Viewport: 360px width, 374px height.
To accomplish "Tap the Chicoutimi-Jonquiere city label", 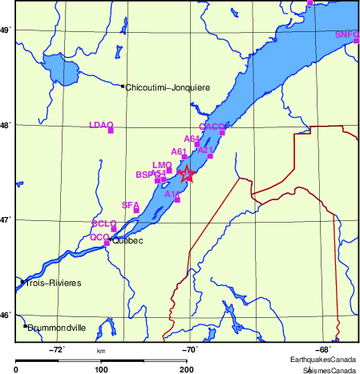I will pos(167,86).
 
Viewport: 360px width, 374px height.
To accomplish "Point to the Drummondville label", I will pos(59,327).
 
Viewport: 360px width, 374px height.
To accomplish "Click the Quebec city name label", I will pos(127,239).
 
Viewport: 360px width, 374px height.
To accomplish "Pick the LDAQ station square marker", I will pos(110,130).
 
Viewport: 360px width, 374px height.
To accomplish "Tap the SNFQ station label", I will pos(347,34).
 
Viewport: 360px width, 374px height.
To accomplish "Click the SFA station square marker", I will pos(136,211).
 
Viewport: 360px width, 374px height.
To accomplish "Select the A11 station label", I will pos(172,194).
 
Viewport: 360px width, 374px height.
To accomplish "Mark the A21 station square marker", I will pos(210,156).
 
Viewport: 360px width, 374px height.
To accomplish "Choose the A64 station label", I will pos(192,139).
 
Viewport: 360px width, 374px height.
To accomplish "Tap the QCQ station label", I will pos(99,237).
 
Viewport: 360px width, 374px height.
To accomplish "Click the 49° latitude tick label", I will pos(5,30).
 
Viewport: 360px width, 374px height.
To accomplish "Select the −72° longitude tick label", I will pos(57,349).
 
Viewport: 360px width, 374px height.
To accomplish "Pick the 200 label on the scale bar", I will pos(186,369).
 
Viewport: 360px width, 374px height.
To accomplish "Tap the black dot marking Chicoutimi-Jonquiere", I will pos(123,86).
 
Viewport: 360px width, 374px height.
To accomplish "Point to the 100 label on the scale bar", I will pos(101,369).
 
